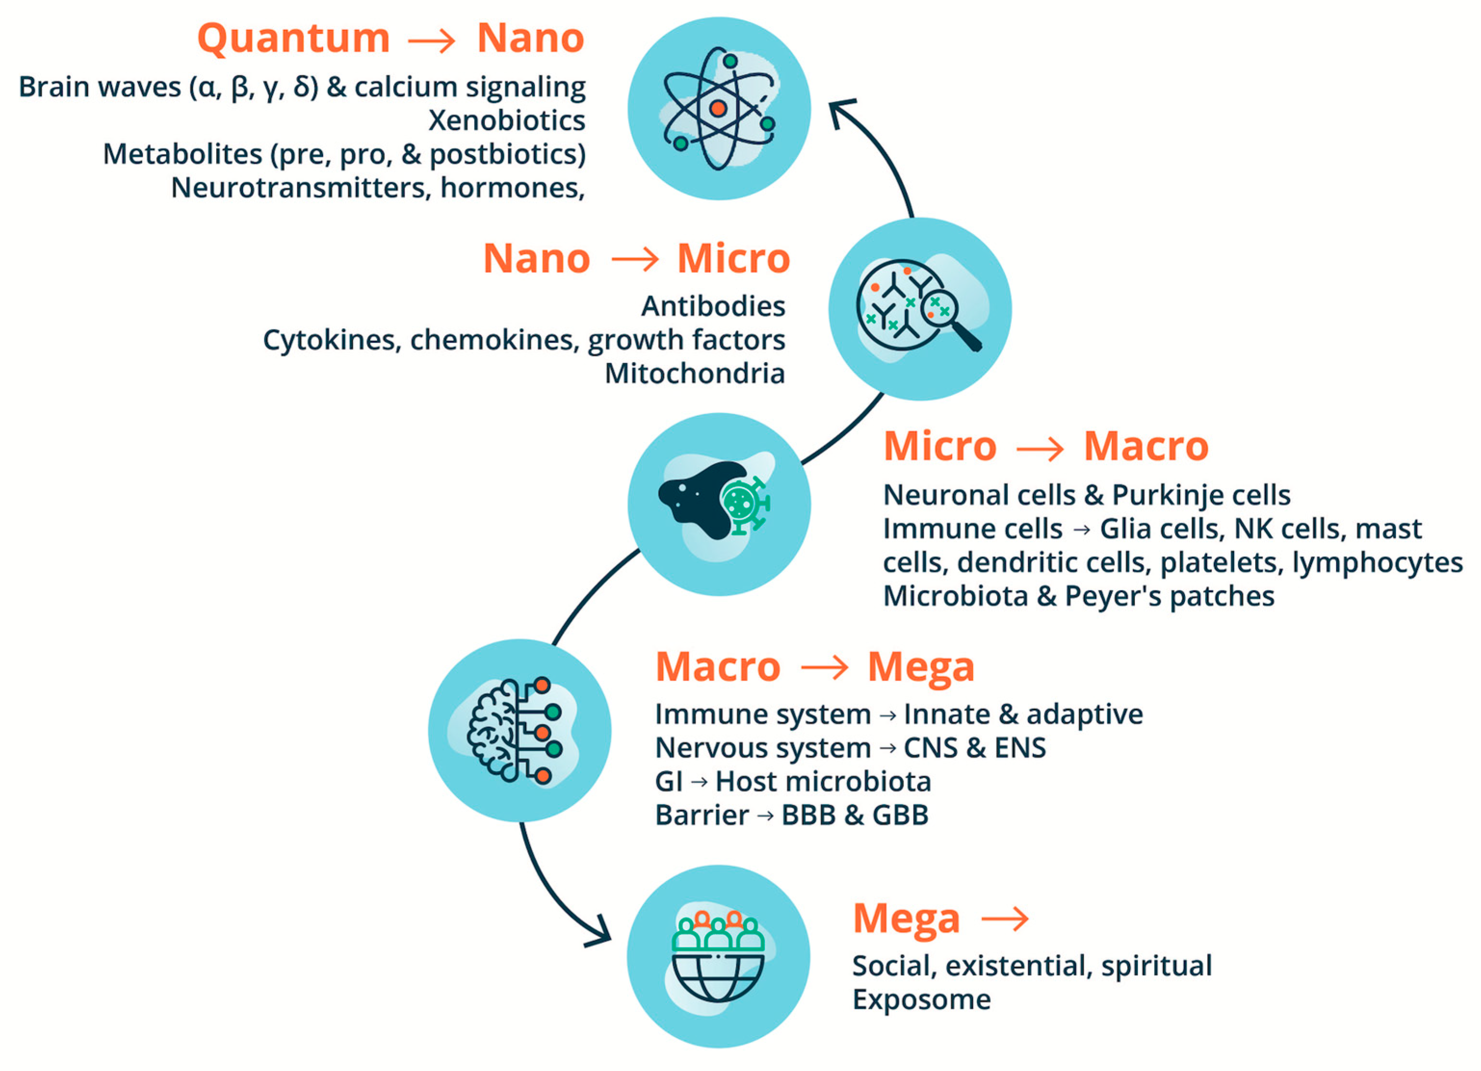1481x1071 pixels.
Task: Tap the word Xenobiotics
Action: (x=507, y=121)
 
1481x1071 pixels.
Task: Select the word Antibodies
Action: (x=713, y=306)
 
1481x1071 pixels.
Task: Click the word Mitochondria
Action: (x=695, y=374)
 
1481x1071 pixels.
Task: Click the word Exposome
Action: (x=921, y=1000)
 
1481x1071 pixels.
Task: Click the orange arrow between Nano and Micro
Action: (x=635, y=260)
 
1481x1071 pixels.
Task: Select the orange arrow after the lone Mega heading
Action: (x=1005, y=919)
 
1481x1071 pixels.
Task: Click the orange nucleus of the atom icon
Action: (x=718, y=108)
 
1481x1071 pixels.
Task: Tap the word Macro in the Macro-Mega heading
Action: (x=718, y=668)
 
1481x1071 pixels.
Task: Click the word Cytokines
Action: (x=331, y=340)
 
